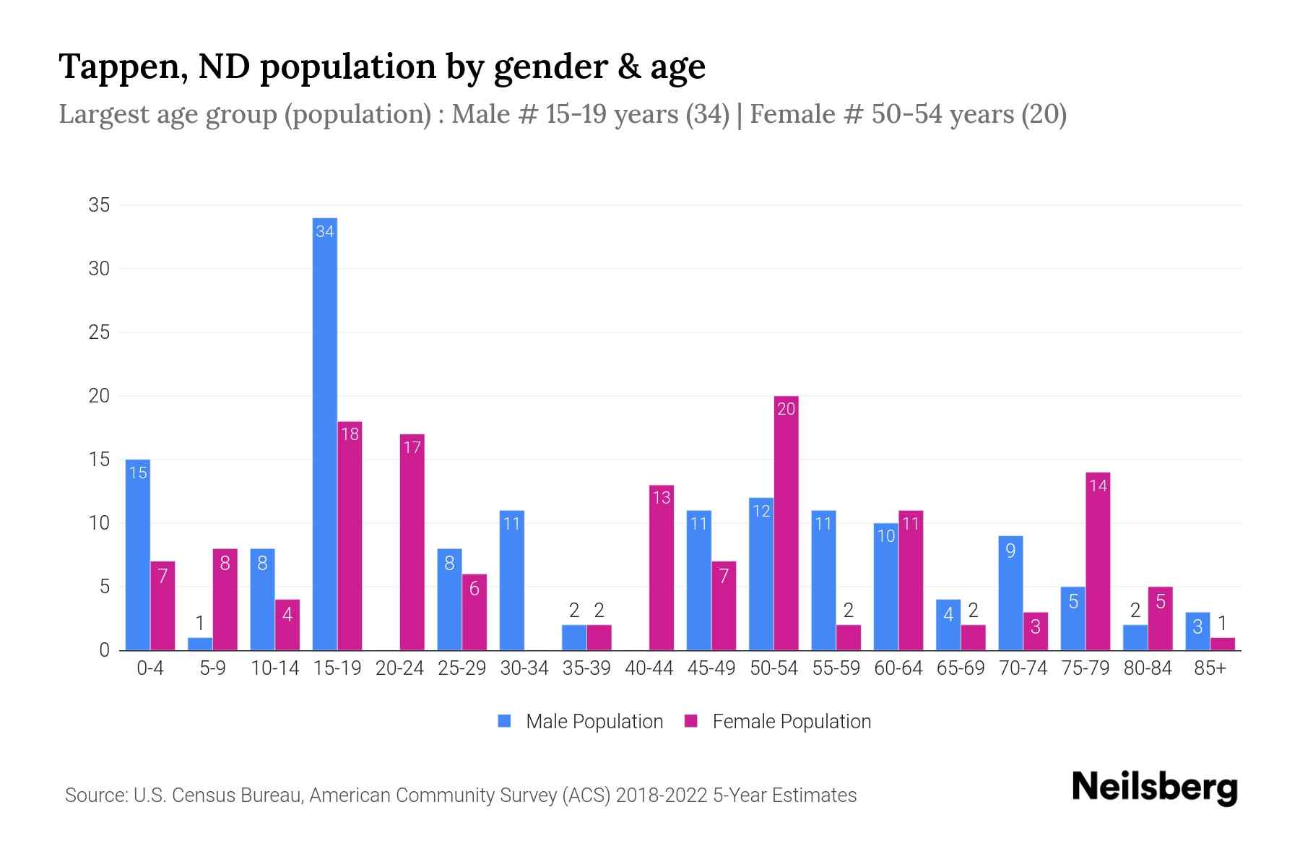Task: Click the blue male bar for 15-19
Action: (324, 433)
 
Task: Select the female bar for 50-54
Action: (786, 524)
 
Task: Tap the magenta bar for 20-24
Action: (412, 542)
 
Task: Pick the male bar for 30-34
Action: (511, 581)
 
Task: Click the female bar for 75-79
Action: (1098, 561)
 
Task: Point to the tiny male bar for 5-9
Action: (200, 644)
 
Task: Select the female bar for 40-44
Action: (662, 568)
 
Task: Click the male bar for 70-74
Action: (1010, 593)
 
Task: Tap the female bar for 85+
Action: (1222, 644)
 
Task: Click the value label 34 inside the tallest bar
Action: (324, 231)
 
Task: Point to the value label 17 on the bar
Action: (412, 447)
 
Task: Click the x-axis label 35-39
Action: (586, 668)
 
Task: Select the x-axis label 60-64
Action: (898, 668)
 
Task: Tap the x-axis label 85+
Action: (1210, 668)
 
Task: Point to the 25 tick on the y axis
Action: (99, 332)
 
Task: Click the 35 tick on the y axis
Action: (99, 205)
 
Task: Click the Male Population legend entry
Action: (581, 721)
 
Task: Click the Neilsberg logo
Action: (1154, 787)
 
